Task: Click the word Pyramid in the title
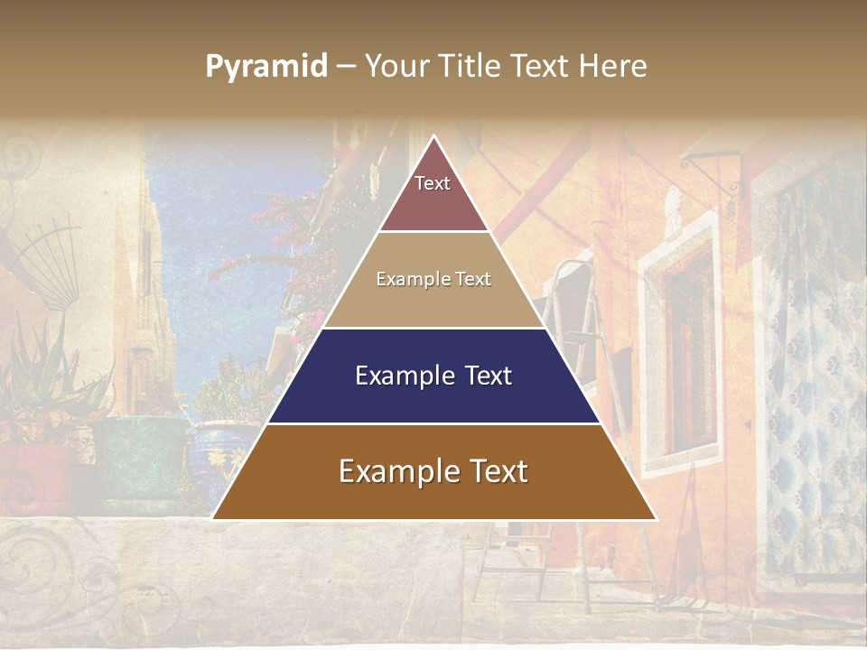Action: (x=266, y=67)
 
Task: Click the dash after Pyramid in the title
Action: (x=345, y=67)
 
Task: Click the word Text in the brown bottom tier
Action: (x=497, y=471)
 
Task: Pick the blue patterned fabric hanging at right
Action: (x=813, y=379)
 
